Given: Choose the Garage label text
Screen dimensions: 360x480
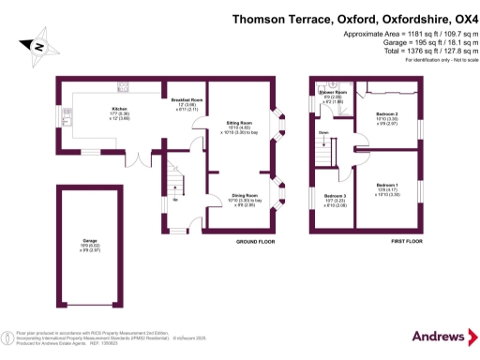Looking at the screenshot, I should pyautogui.click(x=90, y=242).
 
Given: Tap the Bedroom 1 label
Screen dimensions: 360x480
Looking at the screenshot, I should pyautogui.click(x=386, y=187).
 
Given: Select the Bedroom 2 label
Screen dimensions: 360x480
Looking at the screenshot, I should pyautogui.click(x=385, y=114).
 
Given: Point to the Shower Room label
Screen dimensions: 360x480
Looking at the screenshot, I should pyautogui.click(x=335, y=92).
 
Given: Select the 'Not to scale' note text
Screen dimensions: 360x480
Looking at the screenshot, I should pyautogui.click(x=449, y=59).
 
